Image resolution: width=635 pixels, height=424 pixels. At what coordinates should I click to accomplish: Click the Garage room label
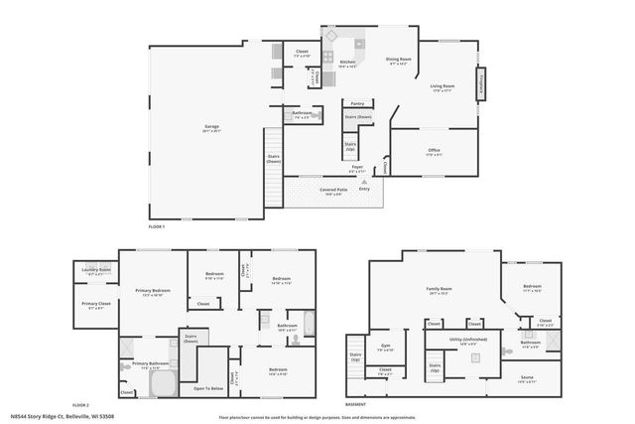(211, 127)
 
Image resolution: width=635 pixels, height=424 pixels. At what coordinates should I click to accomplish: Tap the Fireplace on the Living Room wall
(483, 86)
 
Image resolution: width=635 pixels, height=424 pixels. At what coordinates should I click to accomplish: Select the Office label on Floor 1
(434, 151)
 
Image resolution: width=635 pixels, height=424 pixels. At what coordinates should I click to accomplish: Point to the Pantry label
(357, 103)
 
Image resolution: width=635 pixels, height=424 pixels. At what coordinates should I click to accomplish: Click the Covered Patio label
(331, 189)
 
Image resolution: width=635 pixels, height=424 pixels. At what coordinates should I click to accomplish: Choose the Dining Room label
(399, 60)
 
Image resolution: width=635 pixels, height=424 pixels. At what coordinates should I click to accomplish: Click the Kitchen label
(347, 63)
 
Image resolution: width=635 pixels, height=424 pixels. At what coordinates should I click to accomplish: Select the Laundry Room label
(96, 269)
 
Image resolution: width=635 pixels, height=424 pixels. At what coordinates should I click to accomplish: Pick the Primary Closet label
(96, 304)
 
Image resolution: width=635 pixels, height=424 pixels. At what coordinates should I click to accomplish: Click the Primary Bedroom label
(152, 290)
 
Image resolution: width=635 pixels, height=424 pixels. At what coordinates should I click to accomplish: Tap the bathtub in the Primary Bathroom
(159, 385)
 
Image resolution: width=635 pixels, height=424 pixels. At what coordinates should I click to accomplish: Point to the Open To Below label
(206, 388)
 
